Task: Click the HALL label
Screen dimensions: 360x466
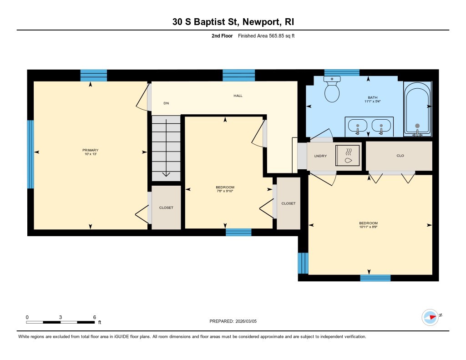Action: [x=238, y=96]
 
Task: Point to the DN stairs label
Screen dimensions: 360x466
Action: [x=166, y=103]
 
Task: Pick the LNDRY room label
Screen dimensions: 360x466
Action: [x=320, y=156]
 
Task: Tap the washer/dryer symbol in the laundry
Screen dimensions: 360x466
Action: [x=348, y=157]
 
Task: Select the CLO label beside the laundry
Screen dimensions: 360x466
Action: [x=400, y=156]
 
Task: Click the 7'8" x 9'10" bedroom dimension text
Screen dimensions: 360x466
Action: [x=225, y=191]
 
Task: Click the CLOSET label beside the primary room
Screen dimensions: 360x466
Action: [x=166, y=208]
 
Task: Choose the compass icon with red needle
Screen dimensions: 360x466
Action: [x=430, y=317]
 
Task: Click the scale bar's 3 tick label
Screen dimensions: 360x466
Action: [x=60, y=317]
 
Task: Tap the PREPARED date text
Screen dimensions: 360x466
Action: [x=236, y=321]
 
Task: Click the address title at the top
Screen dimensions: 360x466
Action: [x=233, y=22]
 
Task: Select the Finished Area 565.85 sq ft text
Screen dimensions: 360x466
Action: [x=266, y=36]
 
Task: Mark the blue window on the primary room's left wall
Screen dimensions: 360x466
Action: [x=30, y=154]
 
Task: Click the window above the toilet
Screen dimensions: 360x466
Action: [x=342, y=72]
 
